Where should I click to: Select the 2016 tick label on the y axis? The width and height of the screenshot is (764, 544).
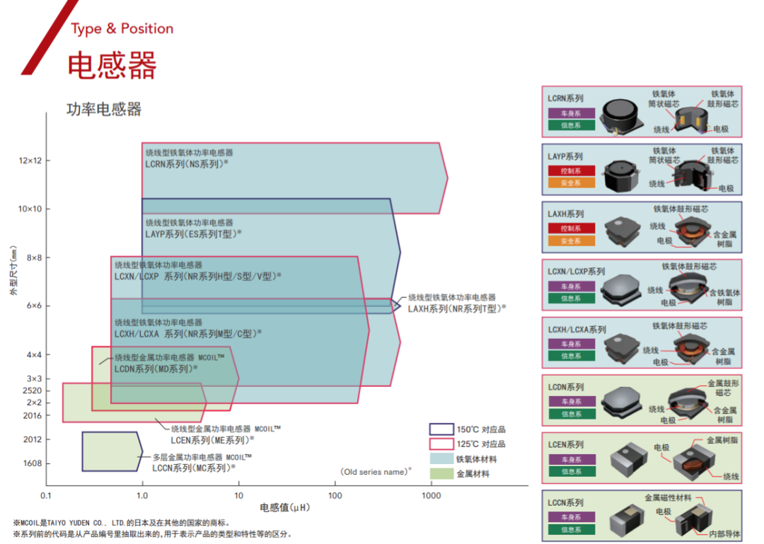point(33,415)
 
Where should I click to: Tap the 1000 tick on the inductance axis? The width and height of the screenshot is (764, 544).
point(431,495)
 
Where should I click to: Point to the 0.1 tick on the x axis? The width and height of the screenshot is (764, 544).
point(47,495)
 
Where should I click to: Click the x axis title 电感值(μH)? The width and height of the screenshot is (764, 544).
point(285,507)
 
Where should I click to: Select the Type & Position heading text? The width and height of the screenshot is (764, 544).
point(122,29)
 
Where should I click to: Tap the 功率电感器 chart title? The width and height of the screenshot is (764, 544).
point(104,109)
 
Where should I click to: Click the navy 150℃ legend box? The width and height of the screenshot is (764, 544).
point(441,429)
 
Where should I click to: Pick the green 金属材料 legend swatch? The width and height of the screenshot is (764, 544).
point(441,473)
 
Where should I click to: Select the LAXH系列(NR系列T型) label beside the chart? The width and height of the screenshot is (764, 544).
point(457,308)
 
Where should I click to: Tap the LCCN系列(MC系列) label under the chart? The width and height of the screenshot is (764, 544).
point(194,468)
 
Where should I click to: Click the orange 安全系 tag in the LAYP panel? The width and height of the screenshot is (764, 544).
point(571,183)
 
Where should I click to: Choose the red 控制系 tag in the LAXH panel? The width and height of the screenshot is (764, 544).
point(571,228)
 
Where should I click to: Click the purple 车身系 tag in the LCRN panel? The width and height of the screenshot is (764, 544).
point(571,113)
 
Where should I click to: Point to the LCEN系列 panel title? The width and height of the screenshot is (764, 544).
point(566,444)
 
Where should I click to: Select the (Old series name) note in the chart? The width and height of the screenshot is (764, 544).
point(376,471)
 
